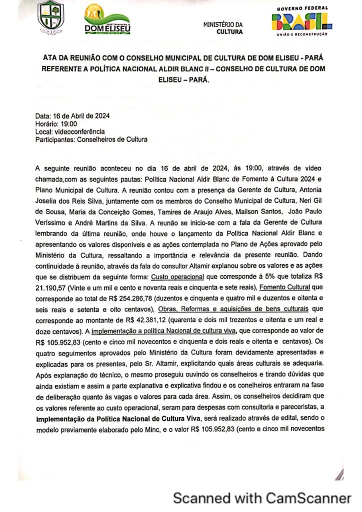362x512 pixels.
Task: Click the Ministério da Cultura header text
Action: coord(223,28)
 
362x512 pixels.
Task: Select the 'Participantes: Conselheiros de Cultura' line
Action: coord(91,140)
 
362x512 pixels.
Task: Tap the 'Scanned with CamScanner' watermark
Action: coord(262,498)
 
